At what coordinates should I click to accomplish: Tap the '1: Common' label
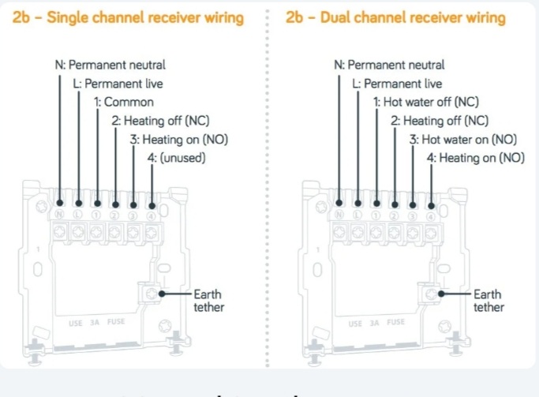point(123,103)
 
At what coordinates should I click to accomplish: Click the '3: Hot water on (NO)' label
point(462,140)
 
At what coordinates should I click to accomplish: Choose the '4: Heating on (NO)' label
point(475,159)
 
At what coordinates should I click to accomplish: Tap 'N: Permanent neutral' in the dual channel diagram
point(389,66)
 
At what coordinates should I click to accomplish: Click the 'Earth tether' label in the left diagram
point(209,301)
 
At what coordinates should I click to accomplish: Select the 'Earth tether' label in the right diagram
point(488,301)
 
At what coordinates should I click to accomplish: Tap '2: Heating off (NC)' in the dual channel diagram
point(439,121)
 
